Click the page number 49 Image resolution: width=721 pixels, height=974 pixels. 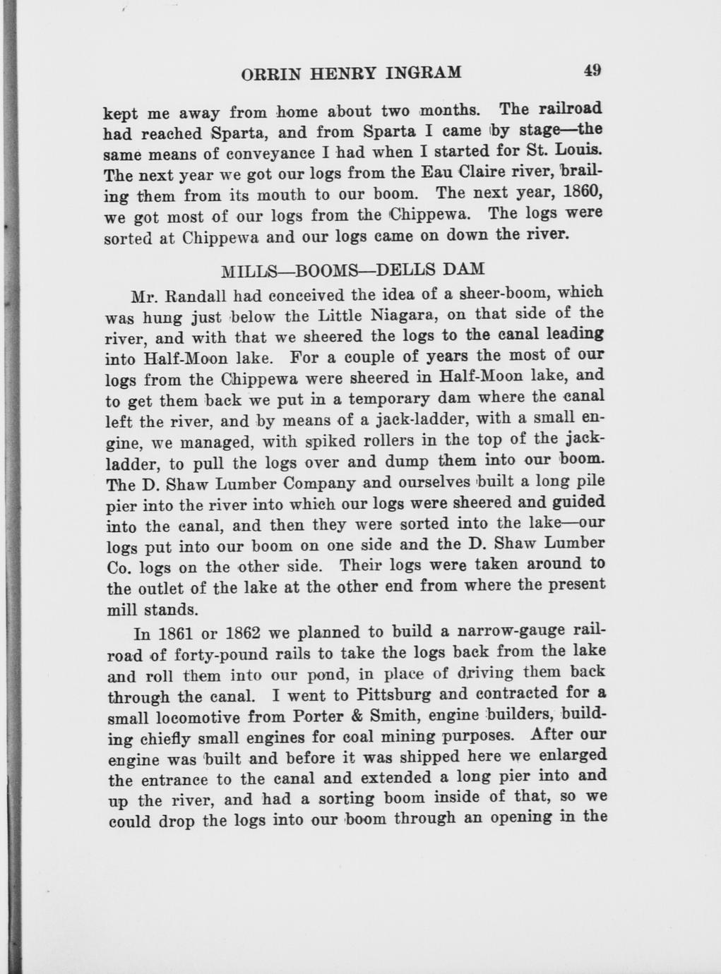coord(592,70)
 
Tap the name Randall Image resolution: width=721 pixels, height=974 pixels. coord(198,294)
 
